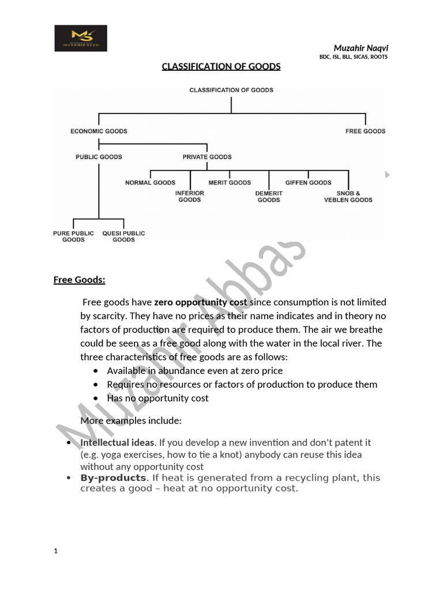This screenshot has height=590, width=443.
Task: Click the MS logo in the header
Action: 81,38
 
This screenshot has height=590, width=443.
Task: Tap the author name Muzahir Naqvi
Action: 361,48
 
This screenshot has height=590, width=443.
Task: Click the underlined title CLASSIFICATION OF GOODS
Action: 221,66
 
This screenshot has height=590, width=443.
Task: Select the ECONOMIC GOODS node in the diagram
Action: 99,131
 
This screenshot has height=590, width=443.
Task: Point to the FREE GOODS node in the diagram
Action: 365,131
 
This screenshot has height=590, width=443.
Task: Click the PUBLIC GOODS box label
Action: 99,157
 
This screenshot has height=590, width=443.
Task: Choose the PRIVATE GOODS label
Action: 207,157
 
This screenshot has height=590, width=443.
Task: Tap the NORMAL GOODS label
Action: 150,183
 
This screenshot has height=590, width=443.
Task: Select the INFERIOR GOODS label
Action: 190,196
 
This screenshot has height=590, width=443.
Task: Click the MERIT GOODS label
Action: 230,183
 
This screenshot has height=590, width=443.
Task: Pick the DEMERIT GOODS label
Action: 269,196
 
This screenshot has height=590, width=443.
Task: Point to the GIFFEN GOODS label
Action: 308,183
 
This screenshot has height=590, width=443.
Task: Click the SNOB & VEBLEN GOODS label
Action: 348,196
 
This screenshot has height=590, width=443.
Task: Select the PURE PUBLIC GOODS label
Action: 73,236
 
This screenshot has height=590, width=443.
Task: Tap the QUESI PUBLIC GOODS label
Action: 123,236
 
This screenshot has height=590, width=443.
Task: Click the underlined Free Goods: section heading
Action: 79,280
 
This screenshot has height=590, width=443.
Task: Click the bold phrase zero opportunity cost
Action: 200,302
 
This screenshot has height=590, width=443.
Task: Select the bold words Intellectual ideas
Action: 117,442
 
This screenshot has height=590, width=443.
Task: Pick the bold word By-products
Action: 113,478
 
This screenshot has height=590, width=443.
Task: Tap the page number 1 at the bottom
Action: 56,551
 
